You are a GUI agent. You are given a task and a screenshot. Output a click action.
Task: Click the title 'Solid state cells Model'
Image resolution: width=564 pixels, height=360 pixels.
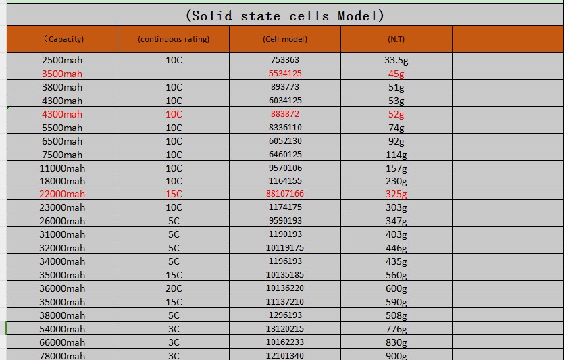pos(284,16)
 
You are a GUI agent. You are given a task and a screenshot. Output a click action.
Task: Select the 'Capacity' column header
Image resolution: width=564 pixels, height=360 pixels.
pos(62,39)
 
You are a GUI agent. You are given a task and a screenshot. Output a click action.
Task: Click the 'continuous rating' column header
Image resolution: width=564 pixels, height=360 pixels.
pos(174,39)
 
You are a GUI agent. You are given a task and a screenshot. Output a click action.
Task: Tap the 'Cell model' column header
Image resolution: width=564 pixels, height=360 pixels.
pos(285,39)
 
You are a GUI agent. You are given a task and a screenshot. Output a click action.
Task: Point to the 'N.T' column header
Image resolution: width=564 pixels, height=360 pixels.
pos(396,39)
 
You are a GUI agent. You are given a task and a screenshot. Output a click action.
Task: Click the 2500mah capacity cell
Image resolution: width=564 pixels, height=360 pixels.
pos(62,60)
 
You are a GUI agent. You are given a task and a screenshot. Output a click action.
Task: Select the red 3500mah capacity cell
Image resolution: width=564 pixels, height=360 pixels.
pos(62,74)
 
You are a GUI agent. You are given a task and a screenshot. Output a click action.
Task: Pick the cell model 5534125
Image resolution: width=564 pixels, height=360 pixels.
pos(285,74)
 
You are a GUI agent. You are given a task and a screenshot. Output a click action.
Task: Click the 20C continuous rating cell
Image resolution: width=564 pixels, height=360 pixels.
pos(174,288)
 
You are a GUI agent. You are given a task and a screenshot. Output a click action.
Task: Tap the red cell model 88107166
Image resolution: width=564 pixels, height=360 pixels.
pos(285,194)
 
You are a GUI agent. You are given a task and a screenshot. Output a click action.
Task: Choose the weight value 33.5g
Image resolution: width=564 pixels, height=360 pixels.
pos(396,60)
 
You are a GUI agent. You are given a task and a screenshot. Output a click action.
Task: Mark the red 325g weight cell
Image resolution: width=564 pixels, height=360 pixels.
pos(396,194)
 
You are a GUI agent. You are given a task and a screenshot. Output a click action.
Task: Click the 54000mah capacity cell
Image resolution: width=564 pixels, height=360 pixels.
pos(62,329)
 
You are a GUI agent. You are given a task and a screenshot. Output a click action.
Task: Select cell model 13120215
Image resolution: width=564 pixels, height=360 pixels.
pos(285,329)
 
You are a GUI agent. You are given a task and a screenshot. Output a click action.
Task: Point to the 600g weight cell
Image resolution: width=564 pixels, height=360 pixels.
pos(396,288)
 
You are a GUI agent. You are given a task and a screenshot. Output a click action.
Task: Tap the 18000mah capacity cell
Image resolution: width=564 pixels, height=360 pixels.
pos(62,181)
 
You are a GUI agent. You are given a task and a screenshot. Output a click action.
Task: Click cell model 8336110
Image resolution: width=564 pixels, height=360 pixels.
pos(285,128)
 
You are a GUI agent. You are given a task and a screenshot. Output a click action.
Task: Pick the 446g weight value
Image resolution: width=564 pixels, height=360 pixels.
pos(396,248)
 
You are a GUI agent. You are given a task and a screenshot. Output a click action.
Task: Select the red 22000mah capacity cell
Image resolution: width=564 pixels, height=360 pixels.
pos(62,194)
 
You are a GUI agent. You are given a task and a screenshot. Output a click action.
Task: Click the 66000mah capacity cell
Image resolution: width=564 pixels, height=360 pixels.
pos(62,342)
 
